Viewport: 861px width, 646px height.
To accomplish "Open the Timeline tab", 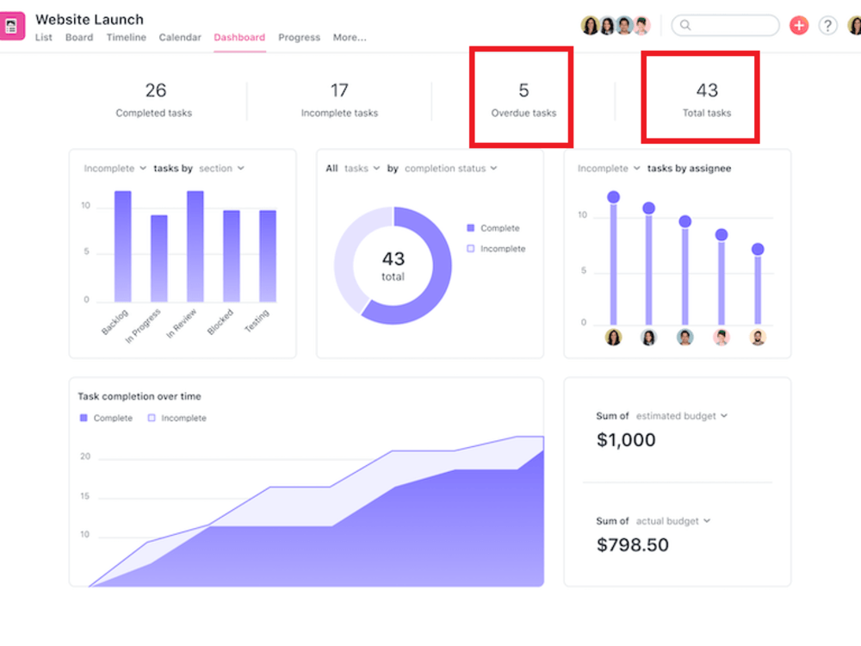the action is [127, 37].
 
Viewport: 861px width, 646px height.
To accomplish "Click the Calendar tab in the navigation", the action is [180, 37].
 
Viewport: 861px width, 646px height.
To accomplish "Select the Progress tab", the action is [300, 37].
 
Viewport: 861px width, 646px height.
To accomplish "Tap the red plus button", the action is [799, 25].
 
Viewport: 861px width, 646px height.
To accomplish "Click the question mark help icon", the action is [827, 25].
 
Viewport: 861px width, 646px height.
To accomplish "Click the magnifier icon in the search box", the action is [685, 25].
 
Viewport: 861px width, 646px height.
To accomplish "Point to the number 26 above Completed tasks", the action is [155, 90].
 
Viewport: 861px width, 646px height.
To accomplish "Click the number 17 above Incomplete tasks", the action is [339, 90].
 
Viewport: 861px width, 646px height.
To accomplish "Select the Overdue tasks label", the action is [523, 113].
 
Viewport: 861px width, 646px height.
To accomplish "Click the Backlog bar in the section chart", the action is [123, 246].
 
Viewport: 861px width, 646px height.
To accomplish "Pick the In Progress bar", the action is [159, 258].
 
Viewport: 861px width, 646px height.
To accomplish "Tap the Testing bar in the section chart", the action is [268, 256].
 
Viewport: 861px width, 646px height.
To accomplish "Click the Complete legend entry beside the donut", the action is [493, 228].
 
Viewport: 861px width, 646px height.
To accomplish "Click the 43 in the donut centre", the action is [393, 258].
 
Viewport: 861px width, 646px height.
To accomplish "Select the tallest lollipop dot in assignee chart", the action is [613, 196].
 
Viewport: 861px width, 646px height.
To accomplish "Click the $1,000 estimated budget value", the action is [626, 439].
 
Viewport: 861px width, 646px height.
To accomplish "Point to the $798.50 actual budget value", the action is [633, 544].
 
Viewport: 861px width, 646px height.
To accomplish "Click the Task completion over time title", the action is [139, 396].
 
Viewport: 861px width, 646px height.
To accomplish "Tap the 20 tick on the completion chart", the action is [85, 457].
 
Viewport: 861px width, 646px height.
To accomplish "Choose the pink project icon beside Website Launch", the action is [12, 26].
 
